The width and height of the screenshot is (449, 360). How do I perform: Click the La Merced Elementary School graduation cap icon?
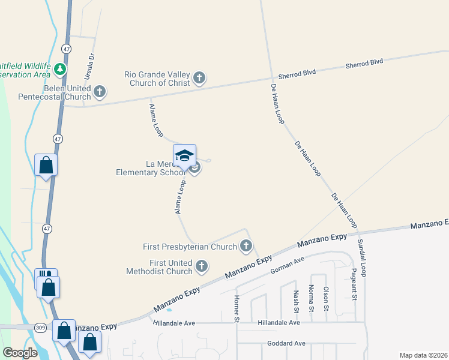(x=185, y=155)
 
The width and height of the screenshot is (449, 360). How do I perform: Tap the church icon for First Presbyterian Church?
(x=246, y=245)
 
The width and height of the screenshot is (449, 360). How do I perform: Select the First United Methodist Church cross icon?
(x=202, y=266)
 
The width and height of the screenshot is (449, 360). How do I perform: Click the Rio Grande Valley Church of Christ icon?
(x=199, y=77)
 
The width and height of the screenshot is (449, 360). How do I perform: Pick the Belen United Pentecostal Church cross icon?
(x=100, y=92)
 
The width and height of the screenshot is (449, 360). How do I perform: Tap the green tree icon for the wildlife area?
(x=59, y=70)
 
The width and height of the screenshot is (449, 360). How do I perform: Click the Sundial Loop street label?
(x=362, y=257)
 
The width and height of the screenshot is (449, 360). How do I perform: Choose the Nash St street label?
(x=296, y=302)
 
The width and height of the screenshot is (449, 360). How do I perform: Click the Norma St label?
(x=312, y=298)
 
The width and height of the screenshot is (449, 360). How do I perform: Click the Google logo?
(x=20, y=353)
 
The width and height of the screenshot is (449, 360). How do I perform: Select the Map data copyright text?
(x=424, y=355)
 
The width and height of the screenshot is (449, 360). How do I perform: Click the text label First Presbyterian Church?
(x=190, y=247)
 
